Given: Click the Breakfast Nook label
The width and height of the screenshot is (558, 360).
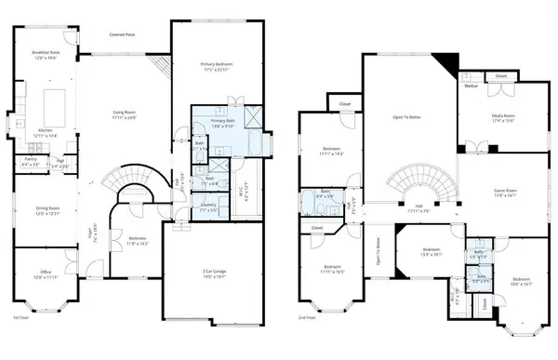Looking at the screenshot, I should pyautogui.click(x=46, y=55).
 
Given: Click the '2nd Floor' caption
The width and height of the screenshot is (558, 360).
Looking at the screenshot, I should pyautogui.click(x=307, y=318).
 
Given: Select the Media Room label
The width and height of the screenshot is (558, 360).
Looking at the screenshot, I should pyautogui.click(x=502, y=117).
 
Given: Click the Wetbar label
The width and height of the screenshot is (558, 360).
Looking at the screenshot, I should pyautogui.click(x=471, y=86).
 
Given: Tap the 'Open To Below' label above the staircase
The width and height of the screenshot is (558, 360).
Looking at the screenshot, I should pyautogui.click(x=409, y=117).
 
